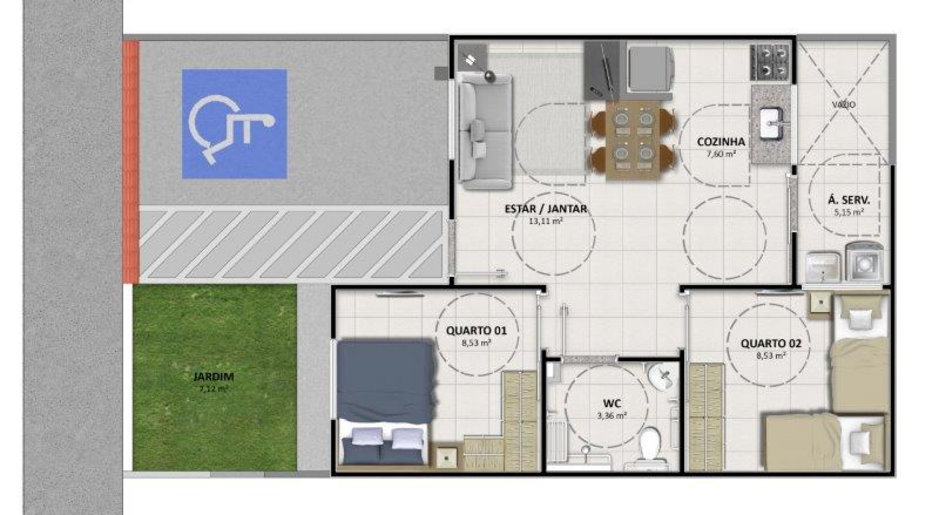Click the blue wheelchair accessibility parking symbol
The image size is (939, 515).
tap(234, 124)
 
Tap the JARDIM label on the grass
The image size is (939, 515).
tap(214, 377)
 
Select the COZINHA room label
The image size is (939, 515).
tap(721, 142)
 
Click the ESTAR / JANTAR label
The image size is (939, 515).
tap(546, 209)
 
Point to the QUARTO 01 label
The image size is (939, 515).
tap(476, 331)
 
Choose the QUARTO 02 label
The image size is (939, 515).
tap(771, 344)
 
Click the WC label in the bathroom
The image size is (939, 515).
tap(612, 404)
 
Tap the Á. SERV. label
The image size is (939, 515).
tap(849, 200)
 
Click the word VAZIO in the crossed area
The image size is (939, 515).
tap(844, 105)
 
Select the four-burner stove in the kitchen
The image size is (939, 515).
tap(770, 62)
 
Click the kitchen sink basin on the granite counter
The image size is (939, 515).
tap(772, 123)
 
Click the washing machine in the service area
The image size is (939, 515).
tap(864, 263)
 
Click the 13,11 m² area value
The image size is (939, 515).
tap(545, 221)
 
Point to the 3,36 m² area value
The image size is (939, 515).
tap(612, 416)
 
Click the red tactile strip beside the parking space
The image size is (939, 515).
tap(131, 162)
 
